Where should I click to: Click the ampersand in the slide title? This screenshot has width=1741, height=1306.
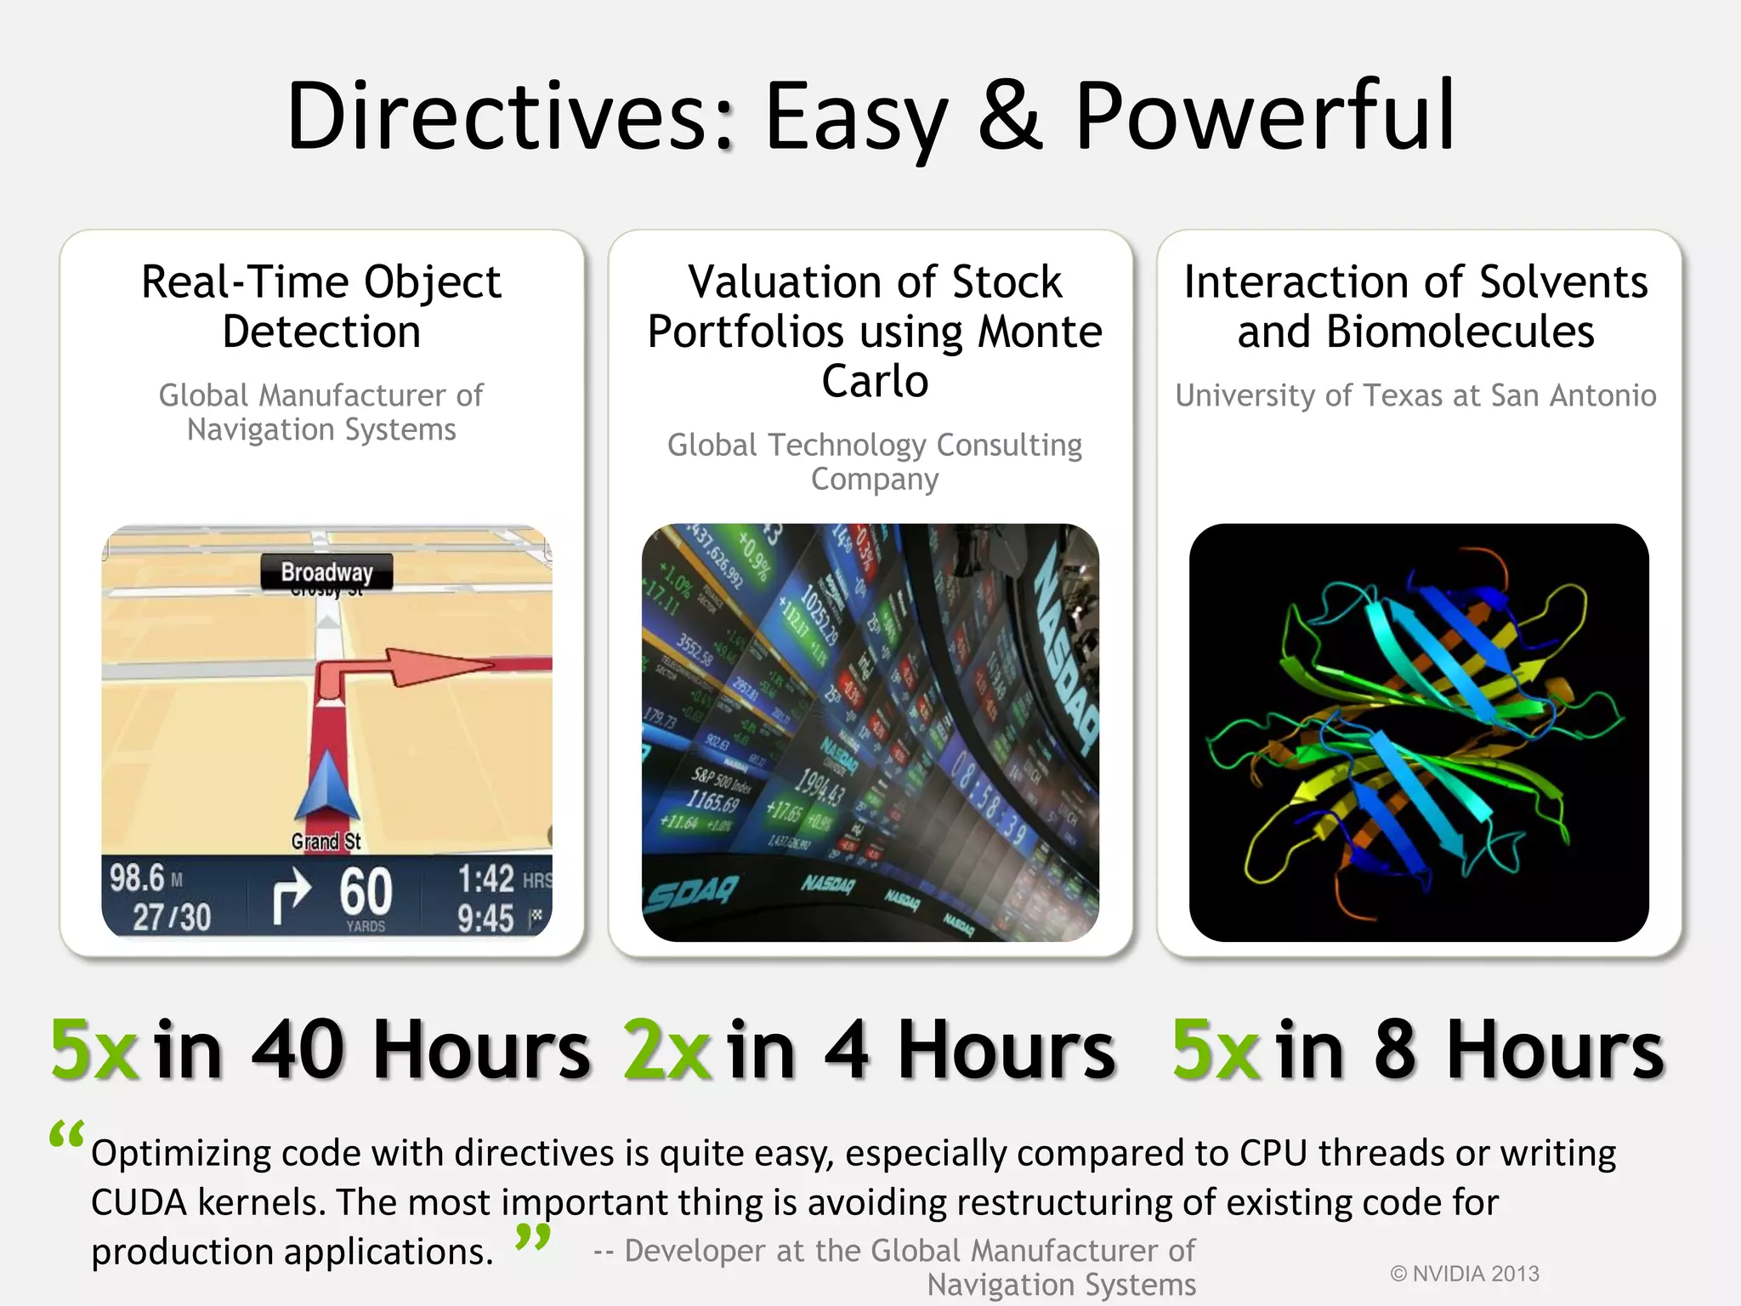coord(1010,116)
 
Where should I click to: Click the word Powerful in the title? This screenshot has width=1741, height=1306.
coord(1265,116)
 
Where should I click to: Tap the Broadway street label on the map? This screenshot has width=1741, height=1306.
coord(326,572)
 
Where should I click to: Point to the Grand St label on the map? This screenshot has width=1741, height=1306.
coord(326,842)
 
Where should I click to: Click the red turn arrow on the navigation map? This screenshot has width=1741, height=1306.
coord(400,672)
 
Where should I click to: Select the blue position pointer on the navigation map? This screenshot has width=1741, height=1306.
coord(327,786)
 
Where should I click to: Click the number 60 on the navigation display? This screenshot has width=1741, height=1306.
coord(366,892)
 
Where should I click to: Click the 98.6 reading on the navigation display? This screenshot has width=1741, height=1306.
coord(137,877)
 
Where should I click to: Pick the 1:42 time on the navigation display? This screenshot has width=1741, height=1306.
coord(485,879)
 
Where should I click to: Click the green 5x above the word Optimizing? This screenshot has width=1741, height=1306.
coord(94,1051)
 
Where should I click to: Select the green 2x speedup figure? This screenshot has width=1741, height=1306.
coord(666,1051)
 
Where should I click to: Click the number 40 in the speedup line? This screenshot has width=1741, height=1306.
coord(298,1051)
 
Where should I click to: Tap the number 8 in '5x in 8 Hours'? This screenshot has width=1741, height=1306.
coord(1395,1051)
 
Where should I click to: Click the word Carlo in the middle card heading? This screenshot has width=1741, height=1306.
coord(875,381)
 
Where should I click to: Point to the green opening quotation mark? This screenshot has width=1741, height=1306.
coord(66,1135)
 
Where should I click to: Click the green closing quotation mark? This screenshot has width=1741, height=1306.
coord(533,1236)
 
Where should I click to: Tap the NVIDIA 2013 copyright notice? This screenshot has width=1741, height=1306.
coord(1464,1274)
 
